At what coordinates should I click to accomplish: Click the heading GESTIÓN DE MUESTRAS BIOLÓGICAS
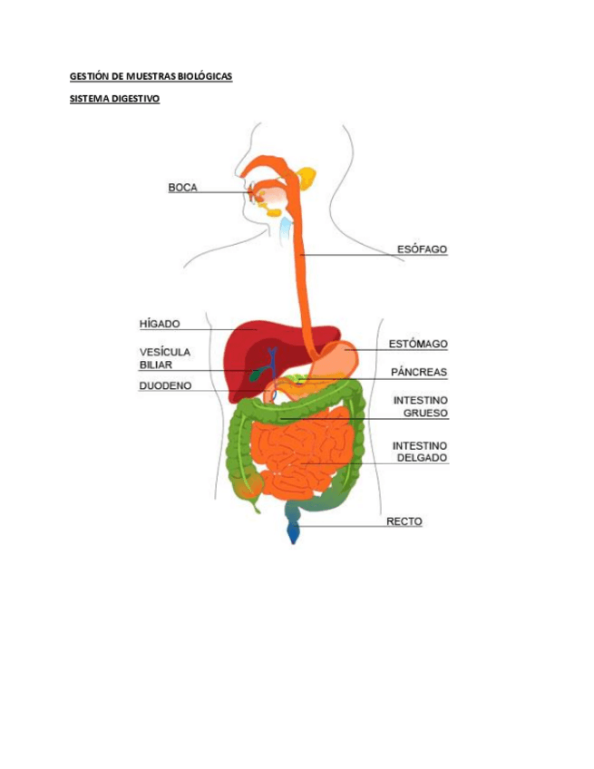(151, 77)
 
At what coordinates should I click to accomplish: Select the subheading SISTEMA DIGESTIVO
(114, 99)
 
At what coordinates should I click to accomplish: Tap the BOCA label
(182, 188)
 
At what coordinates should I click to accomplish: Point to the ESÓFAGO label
(422, 248)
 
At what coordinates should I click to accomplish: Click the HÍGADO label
(160, 323)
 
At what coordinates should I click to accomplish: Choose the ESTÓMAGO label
(418, 344)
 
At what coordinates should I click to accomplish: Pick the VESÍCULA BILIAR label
(164, 358)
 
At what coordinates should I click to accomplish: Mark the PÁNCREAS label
(418, 372)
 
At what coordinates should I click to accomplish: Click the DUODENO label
(164, 385)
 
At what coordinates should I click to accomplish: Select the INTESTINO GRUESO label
(420, 406)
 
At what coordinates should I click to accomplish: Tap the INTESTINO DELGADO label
(420, 452)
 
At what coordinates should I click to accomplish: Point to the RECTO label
(404, 521)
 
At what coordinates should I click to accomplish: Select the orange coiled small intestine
(299, 449)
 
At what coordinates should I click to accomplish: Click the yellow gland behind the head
(307, 177)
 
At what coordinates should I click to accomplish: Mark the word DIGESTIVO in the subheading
(136, 99)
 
